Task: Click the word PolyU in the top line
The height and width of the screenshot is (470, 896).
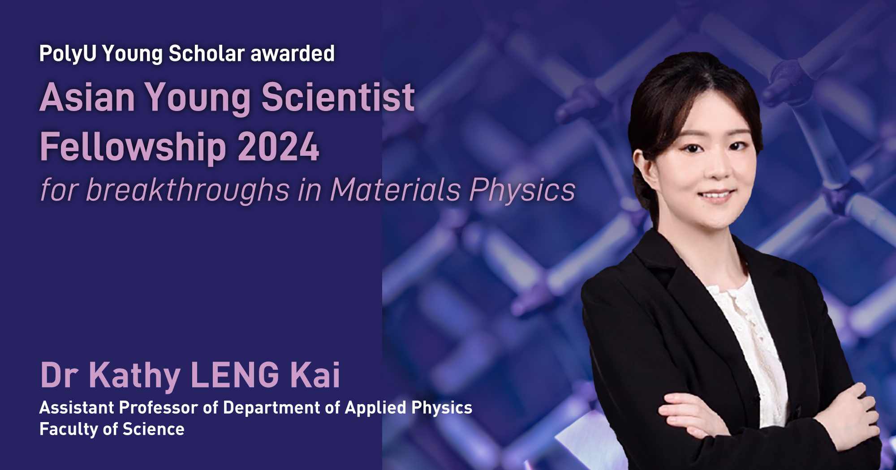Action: [68, 54]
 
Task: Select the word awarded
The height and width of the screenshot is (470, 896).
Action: [293, 54]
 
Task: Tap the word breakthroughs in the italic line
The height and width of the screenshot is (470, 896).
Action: [188, 190]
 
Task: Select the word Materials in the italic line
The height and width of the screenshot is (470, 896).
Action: [396, 190]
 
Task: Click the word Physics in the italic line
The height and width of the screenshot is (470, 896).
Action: [522, 190]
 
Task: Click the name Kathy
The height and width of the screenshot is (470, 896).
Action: [134, 375]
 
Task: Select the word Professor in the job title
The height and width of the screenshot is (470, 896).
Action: [159, 408]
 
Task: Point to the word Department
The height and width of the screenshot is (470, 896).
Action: [270, 408]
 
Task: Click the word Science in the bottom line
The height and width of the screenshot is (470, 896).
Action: [154, 429]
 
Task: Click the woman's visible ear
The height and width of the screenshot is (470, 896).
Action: [640, 168]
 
